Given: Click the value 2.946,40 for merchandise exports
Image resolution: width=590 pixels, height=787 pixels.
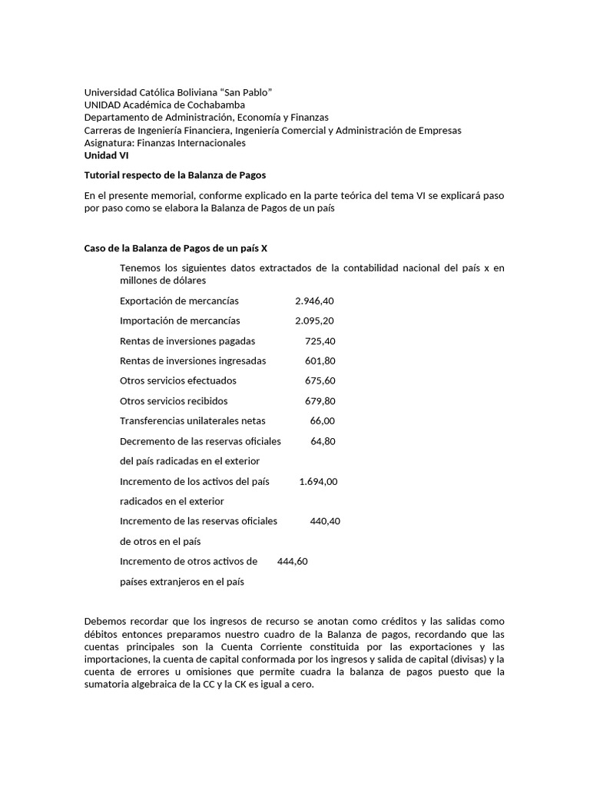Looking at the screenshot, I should click(314, 301).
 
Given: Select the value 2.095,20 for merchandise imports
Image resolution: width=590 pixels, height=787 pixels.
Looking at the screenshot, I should click(314, 320).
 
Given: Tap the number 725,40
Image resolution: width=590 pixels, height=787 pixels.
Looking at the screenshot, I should click(320, 340).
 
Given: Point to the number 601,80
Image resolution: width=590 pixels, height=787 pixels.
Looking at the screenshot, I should click(320, 360).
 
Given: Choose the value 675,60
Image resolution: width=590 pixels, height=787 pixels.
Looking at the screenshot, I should click(320, 380).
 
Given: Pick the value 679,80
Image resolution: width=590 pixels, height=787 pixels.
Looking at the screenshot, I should click(320, 400).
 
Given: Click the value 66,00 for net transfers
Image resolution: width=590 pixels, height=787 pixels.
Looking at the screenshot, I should click(322, 420).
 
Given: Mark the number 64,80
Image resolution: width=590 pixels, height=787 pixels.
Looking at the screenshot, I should click(323, 441).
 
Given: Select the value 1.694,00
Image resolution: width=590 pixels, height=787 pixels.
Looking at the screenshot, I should click(318, 481).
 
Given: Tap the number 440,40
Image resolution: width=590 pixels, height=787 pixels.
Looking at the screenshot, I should click(325, 521).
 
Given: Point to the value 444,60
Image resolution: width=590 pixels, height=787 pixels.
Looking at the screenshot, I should click(292, 561).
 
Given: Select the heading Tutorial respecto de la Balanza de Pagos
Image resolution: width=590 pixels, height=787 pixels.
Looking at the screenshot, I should click(174, 175).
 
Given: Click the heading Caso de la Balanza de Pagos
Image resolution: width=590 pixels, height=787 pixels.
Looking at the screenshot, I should click(175, 248).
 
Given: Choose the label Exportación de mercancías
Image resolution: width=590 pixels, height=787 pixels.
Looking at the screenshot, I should click(179, 301).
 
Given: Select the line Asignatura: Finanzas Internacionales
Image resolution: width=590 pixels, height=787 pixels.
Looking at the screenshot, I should click(164, 142).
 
